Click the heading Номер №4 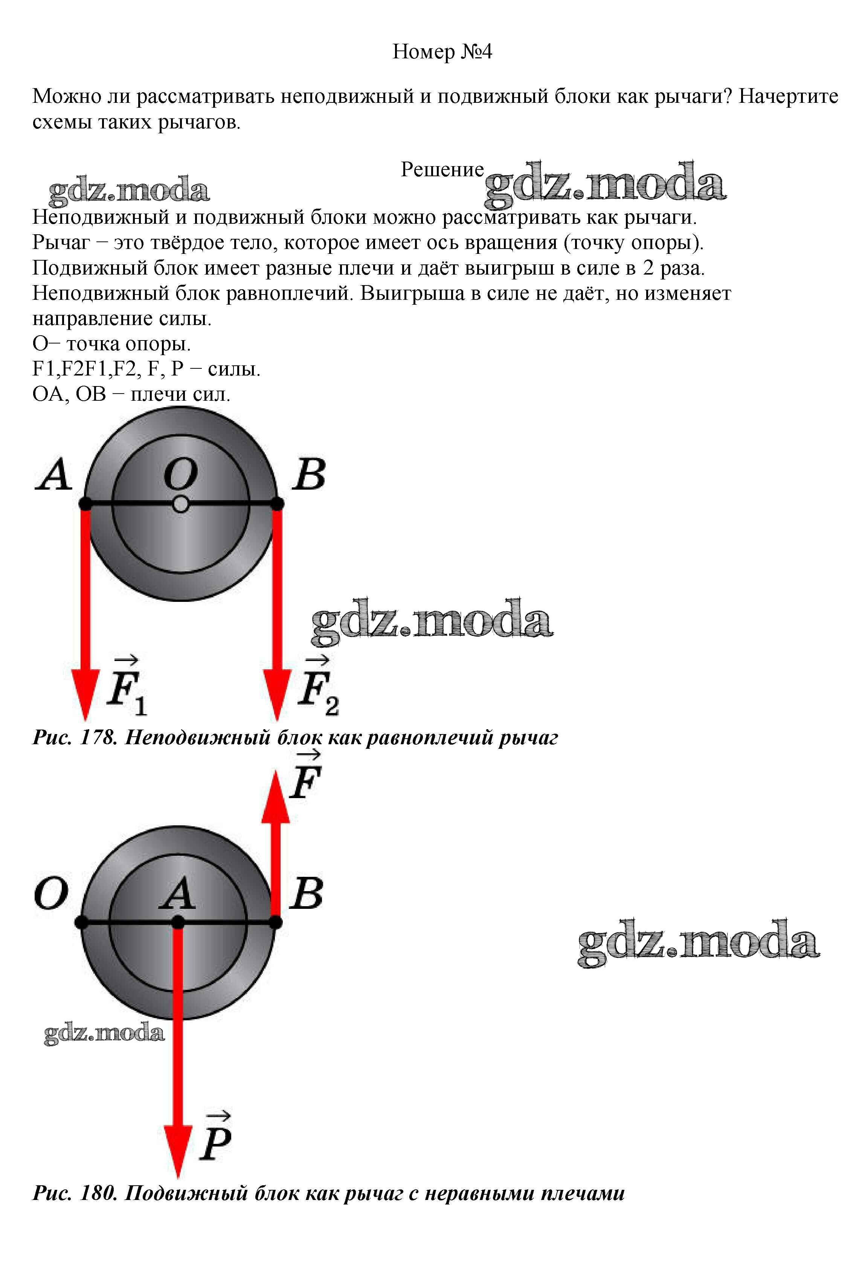442,52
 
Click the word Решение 442,170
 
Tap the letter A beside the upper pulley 54,475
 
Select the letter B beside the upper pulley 309,475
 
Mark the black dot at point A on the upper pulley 85,504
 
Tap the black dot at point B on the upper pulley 277,504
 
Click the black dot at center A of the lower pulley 178,922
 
